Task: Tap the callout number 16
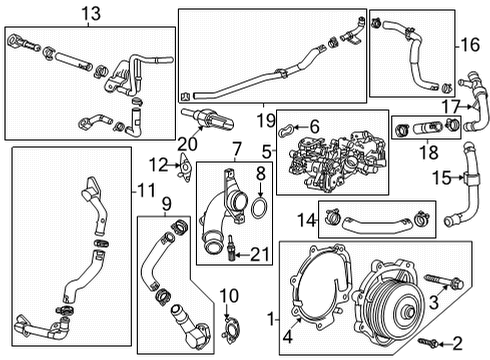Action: [470, 46]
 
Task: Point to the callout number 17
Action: [450, 107]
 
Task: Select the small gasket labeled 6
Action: [287, 128]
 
